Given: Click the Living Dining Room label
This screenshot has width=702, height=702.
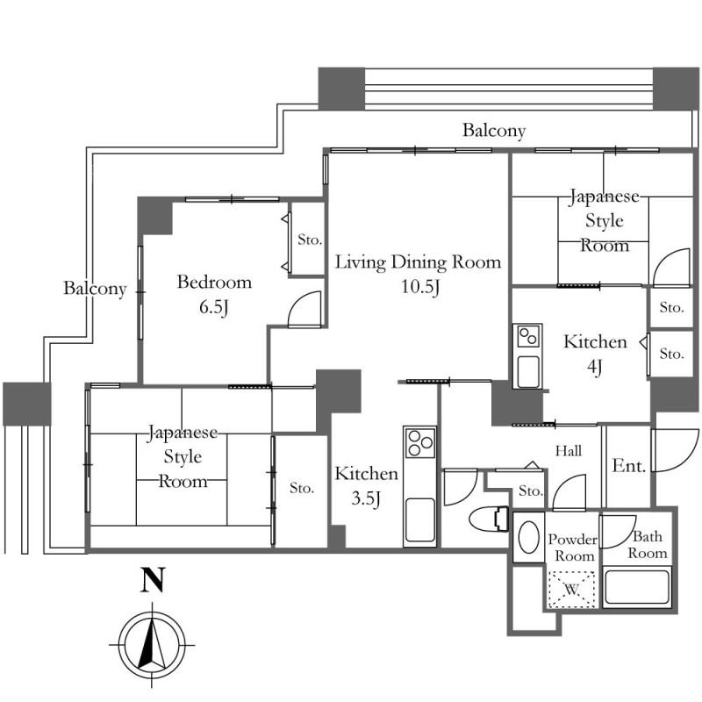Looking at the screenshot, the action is click(x=419, y=261).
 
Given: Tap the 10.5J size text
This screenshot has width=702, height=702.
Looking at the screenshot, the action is click(x=420, y=287).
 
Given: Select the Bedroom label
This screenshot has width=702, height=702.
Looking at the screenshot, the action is click(x=214, y=282).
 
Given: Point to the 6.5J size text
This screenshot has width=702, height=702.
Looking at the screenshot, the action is click(x=214, y=307).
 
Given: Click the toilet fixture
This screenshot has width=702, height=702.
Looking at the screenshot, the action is click(x=489, y=519).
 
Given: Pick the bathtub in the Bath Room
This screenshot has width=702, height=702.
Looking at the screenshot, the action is click(x=636, y=586).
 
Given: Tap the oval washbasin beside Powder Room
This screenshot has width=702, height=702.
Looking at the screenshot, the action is click(x=528, y=537).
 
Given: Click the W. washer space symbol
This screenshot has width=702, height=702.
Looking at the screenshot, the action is click(x=572, y=590).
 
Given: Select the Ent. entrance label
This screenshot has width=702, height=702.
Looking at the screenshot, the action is click(x=628, y=466).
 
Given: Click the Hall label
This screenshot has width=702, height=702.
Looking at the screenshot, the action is click(x=568, y=450).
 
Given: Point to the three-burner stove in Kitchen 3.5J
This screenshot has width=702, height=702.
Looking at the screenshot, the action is click(x=419, y=442).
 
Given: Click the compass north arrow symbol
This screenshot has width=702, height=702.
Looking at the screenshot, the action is click(x=152, y=645).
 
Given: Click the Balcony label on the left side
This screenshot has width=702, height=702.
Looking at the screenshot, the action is click(x=95, y=289).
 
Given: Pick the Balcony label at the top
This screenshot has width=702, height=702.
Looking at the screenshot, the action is click(x=494, y=130).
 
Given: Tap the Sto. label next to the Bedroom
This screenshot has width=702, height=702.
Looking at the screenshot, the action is click(x=310, y=240).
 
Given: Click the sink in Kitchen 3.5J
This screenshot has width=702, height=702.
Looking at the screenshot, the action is click(x=419, y=519).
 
